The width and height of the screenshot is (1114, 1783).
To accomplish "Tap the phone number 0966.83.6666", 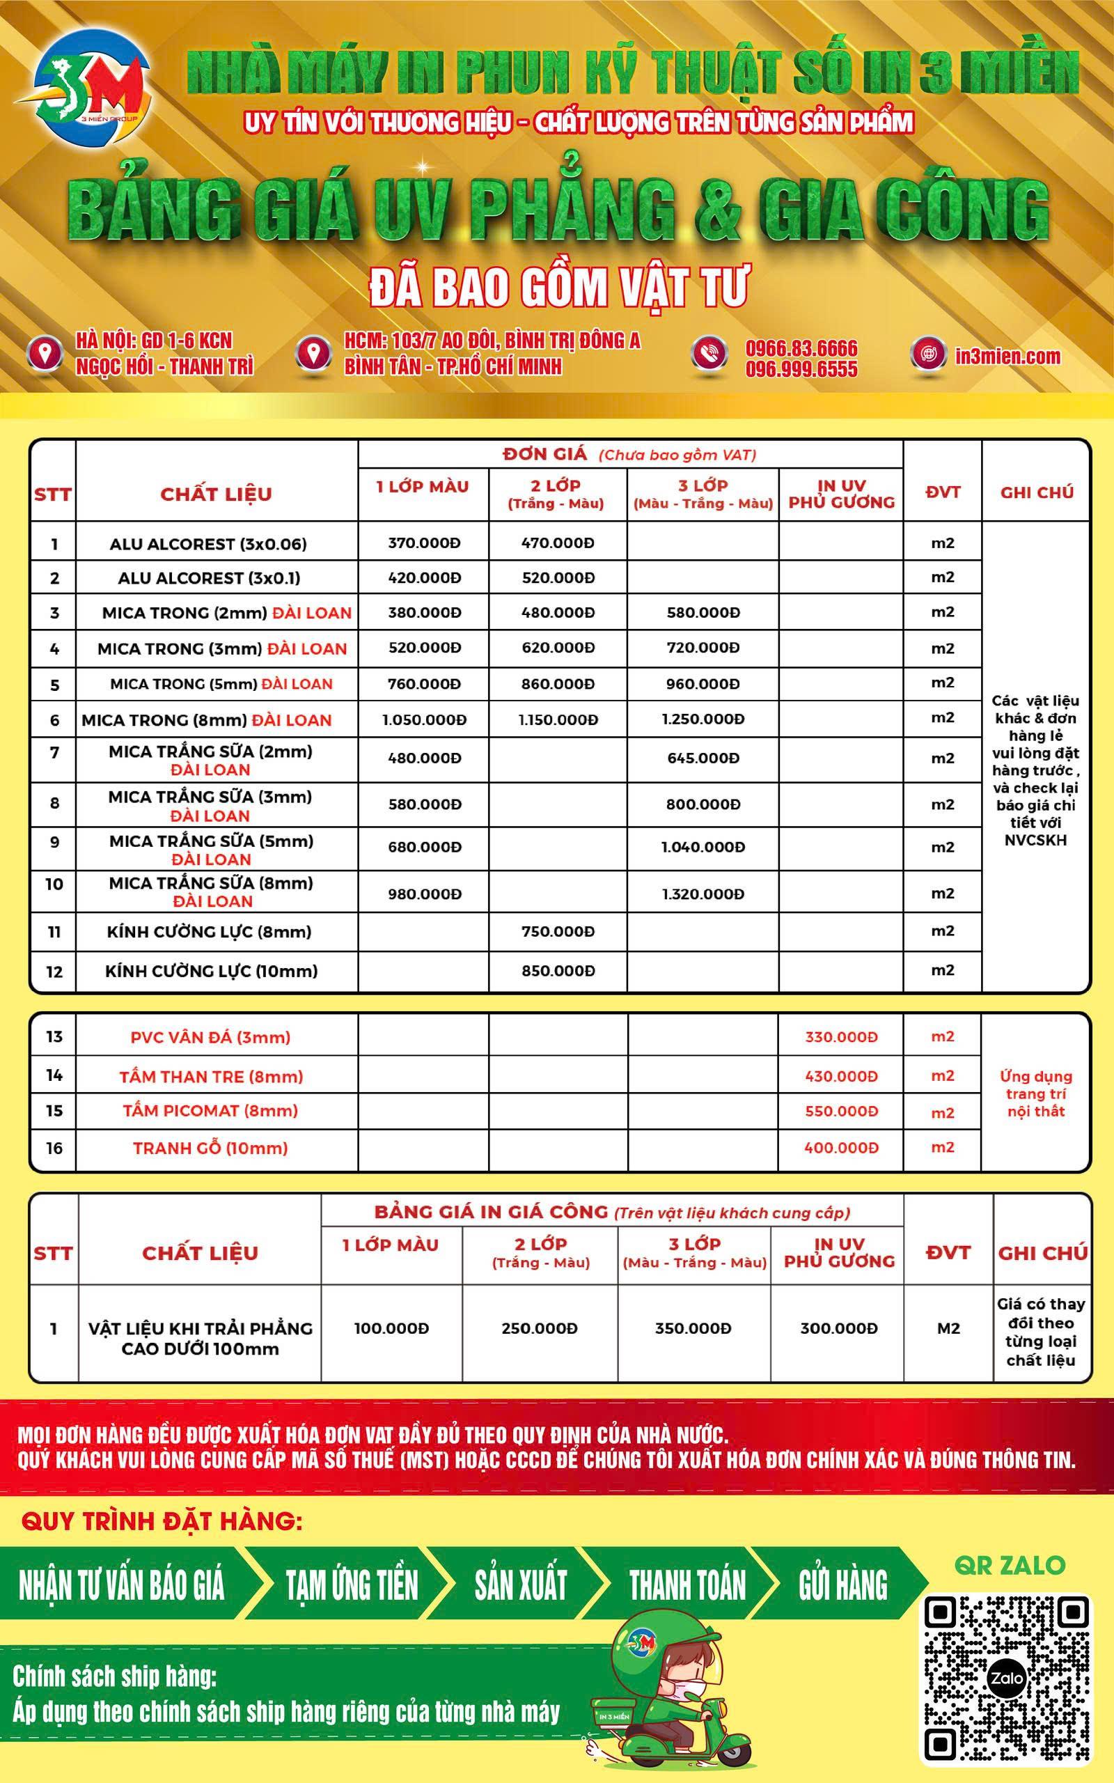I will pos(801,348).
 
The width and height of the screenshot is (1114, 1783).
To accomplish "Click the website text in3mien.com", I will pos(1007,356).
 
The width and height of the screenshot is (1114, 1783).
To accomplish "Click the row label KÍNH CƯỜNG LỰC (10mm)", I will pos(212,970).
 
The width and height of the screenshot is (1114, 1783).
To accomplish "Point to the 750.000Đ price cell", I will pos(558,931).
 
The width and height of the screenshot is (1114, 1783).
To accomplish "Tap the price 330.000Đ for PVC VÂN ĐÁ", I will pos(840,1036).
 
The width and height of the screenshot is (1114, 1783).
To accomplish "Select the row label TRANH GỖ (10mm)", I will pos(210,1147).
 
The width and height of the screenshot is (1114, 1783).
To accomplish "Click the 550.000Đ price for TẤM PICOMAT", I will pos(840,1110).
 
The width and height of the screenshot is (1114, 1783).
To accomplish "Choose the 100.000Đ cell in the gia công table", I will pos(391,1328).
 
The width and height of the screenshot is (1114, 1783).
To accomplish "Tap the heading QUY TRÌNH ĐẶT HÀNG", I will pos(162,1521).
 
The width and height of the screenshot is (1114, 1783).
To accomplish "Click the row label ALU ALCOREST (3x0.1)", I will pos(210,577).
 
